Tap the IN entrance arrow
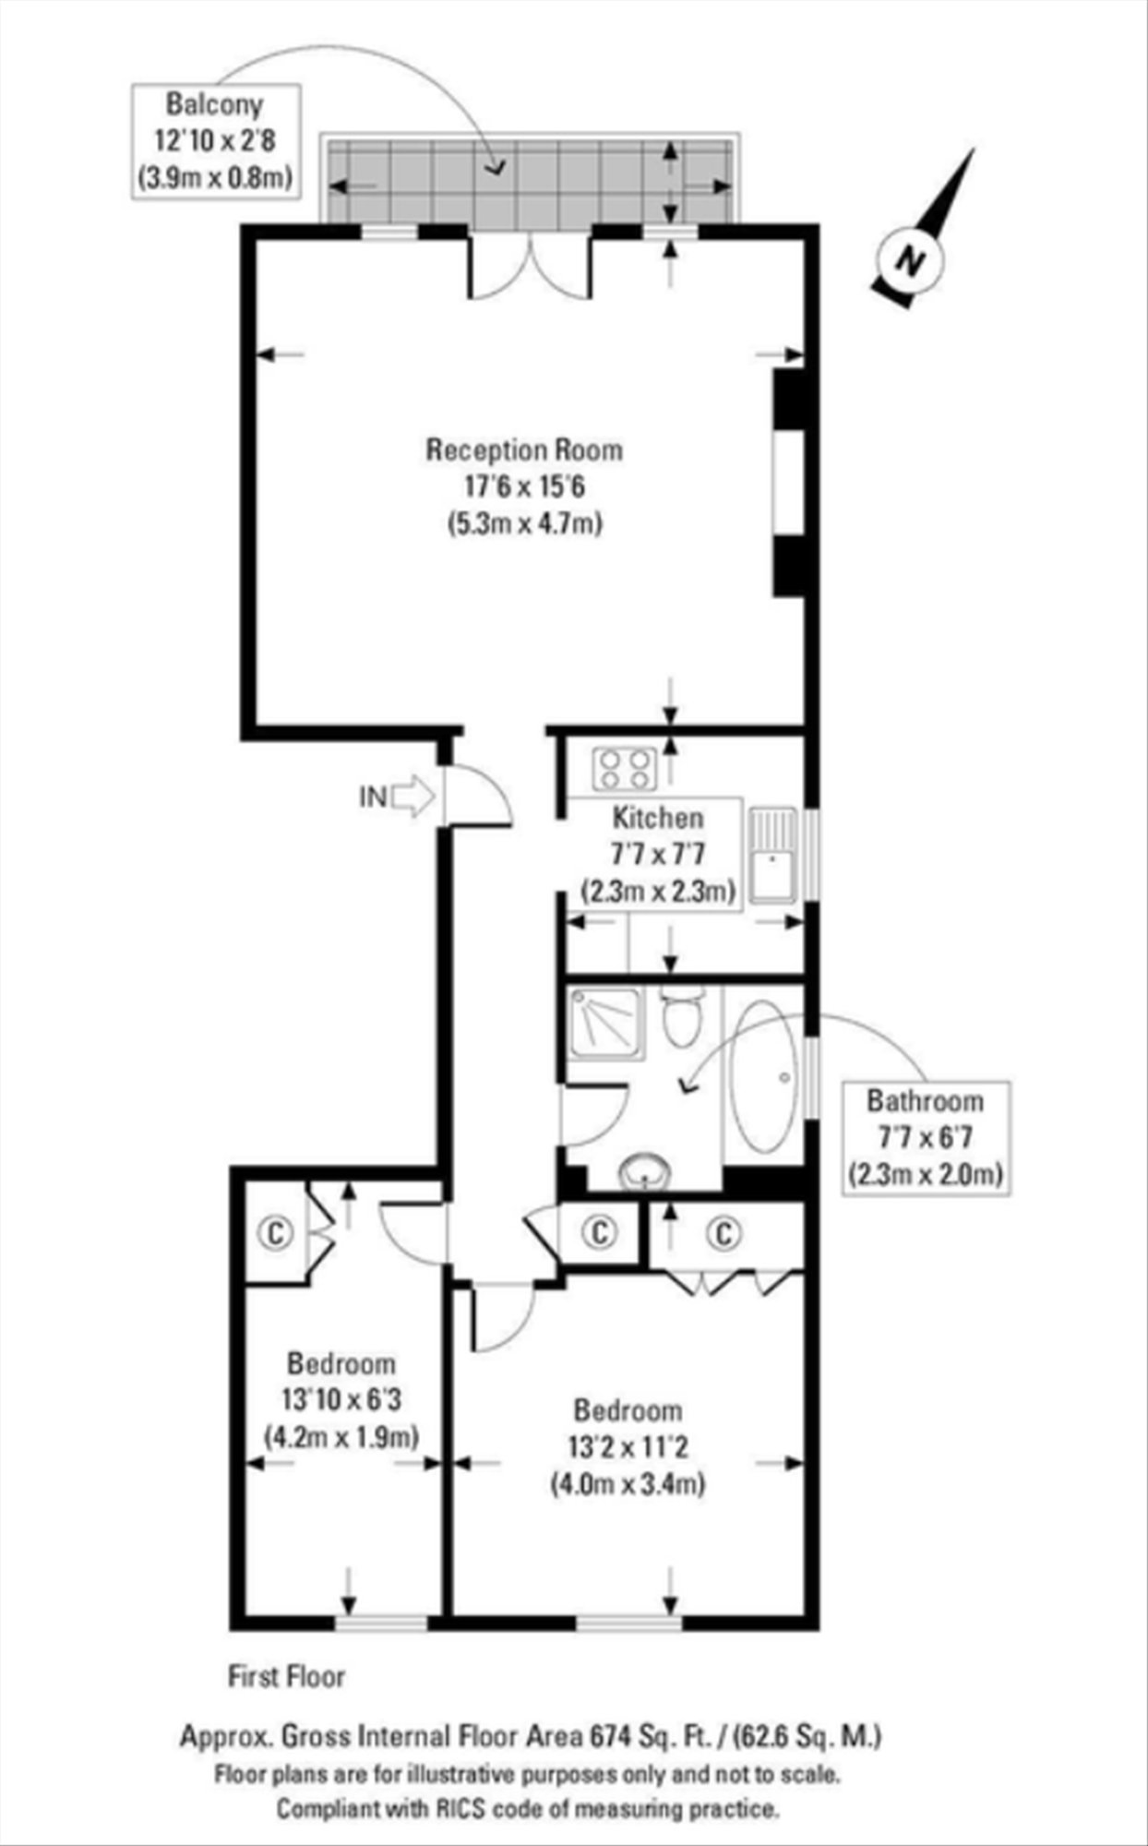(x=413, y=796)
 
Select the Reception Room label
(x=524, y=450)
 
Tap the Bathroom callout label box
(x=925, y=1137)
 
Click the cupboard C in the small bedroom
(x=275, y=1231)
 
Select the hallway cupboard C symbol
(x=600, y=1231)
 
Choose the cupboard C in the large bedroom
(x=725, y=1231)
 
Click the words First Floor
(x=287, y=1676)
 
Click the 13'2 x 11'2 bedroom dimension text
(x=628, y=1446)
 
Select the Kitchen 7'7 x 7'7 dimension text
(x=658, y=854)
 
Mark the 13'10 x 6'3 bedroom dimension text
(x=341, y=1400)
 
